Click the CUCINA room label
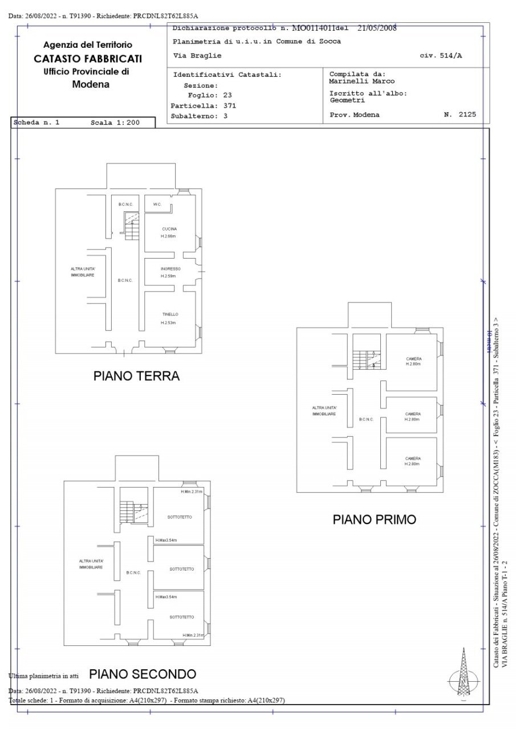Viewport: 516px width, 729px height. point(169,229)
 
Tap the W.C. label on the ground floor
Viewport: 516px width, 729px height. point(157,204)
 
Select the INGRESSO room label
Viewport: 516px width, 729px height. point(170,269)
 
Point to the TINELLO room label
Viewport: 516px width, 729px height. point(170,314)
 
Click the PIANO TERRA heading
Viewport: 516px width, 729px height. point(136,376)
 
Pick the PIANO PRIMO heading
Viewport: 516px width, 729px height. point(374,519)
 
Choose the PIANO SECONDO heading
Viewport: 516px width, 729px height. point(143,674)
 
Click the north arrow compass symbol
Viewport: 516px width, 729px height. point(463,676)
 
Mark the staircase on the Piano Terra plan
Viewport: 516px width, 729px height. point(132,227)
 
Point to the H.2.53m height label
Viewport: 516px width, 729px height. point(168,323)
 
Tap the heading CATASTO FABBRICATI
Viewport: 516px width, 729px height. point(88,59)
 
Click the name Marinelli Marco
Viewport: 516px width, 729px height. point(362,81)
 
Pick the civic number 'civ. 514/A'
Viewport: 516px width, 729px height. point(440,56)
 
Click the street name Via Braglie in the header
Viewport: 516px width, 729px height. point(197,56)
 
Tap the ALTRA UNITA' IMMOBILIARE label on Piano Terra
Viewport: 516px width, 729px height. point(83,272)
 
